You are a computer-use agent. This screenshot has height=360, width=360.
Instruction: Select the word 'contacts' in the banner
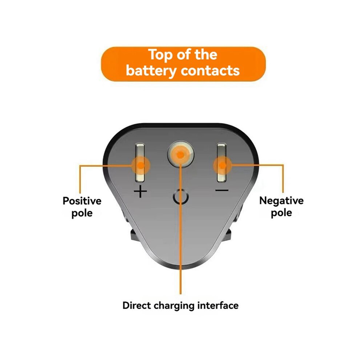pyautogui.click(x=210, y=70)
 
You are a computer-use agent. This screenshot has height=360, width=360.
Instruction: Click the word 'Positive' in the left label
pyautogui.click(x=82, y=201)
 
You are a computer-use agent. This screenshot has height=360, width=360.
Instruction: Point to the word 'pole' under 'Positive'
pyautogui.click(x=82, y=213)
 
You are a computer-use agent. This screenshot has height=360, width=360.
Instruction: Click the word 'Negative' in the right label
pyautogui.click(x=281, y=201)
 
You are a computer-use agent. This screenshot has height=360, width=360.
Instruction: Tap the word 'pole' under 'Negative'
pyautogui.click(x=281, y=213)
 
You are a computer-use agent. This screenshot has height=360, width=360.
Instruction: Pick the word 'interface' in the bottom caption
pyautogui.click(x=218, y=305)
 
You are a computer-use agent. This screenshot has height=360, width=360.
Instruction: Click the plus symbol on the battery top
pyautogui.click(x=140, y=191)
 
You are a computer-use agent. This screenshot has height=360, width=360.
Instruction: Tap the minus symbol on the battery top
pyautogui.click(x=222, y=190)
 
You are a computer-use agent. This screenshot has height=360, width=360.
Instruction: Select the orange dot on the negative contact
pyautogui.click(x=222, y=165)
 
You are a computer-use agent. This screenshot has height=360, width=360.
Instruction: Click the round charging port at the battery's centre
pyautogui.click(x=180, y=154)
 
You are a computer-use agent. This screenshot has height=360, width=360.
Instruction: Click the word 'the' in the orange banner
pyautogui.click(x=206, y=55)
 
